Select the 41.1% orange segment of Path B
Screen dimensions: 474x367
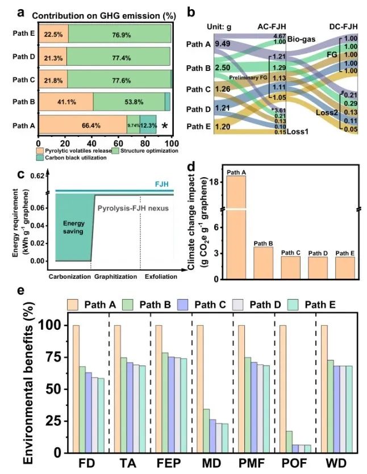[x=65, y=102]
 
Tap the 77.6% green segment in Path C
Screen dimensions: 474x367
[x=119, y=78]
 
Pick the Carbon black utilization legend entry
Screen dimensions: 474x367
[x=67, y=157]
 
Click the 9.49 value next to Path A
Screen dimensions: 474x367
[x=223, y=44]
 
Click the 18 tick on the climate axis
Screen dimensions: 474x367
[x=215, y=182]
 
